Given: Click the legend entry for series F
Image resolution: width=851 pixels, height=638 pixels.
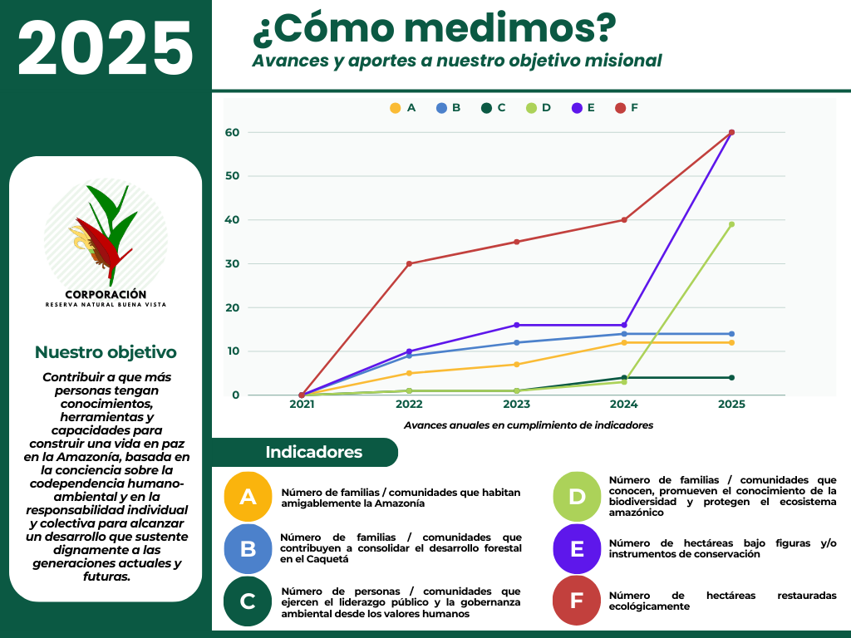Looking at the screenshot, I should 627,108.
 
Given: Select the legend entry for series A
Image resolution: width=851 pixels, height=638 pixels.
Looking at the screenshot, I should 403,108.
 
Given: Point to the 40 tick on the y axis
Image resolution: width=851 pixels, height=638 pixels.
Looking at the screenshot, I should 232,220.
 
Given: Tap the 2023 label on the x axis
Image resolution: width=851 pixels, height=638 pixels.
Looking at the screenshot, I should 516,405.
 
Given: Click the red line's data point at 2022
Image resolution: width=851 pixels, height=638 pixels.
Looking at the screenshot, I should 409,264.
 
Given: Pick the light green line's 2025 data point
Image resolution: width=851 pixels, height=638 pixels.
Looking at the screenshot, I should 731,224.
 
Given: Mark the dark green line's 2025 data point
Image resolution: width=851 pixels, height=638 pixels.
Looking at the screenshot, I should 731,378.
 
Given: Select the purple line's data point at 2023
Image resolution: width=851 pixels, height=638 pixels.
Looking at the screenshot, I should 516,325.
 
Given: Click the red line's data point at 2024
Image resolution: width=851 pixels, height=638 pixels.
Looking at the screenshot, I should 624,220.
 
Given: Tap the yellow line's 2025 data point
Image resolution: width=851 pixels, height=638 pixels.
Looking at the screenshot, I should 731,343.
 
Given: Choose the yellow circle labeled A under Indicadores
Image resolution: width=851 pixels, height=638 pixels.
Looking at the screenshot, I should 248,497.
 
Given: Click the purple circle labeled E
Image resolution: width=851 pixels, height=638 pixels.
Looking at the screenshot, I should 577,548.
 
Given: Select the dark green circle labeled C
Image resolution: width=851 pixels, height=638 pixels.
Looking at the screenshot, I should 248,601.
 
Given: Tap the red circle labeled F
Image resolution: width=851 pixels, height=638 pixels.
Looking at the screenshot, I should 577,601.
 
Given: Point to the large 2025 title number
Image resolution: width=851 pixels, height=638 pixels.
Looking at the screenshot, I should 106,47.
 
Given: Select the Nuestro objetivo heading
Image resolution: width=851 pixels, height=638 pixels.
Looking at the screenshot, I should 106,352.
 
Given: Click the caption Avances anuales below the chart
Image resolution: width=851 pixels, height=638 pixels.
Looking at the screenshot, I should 529,425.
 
